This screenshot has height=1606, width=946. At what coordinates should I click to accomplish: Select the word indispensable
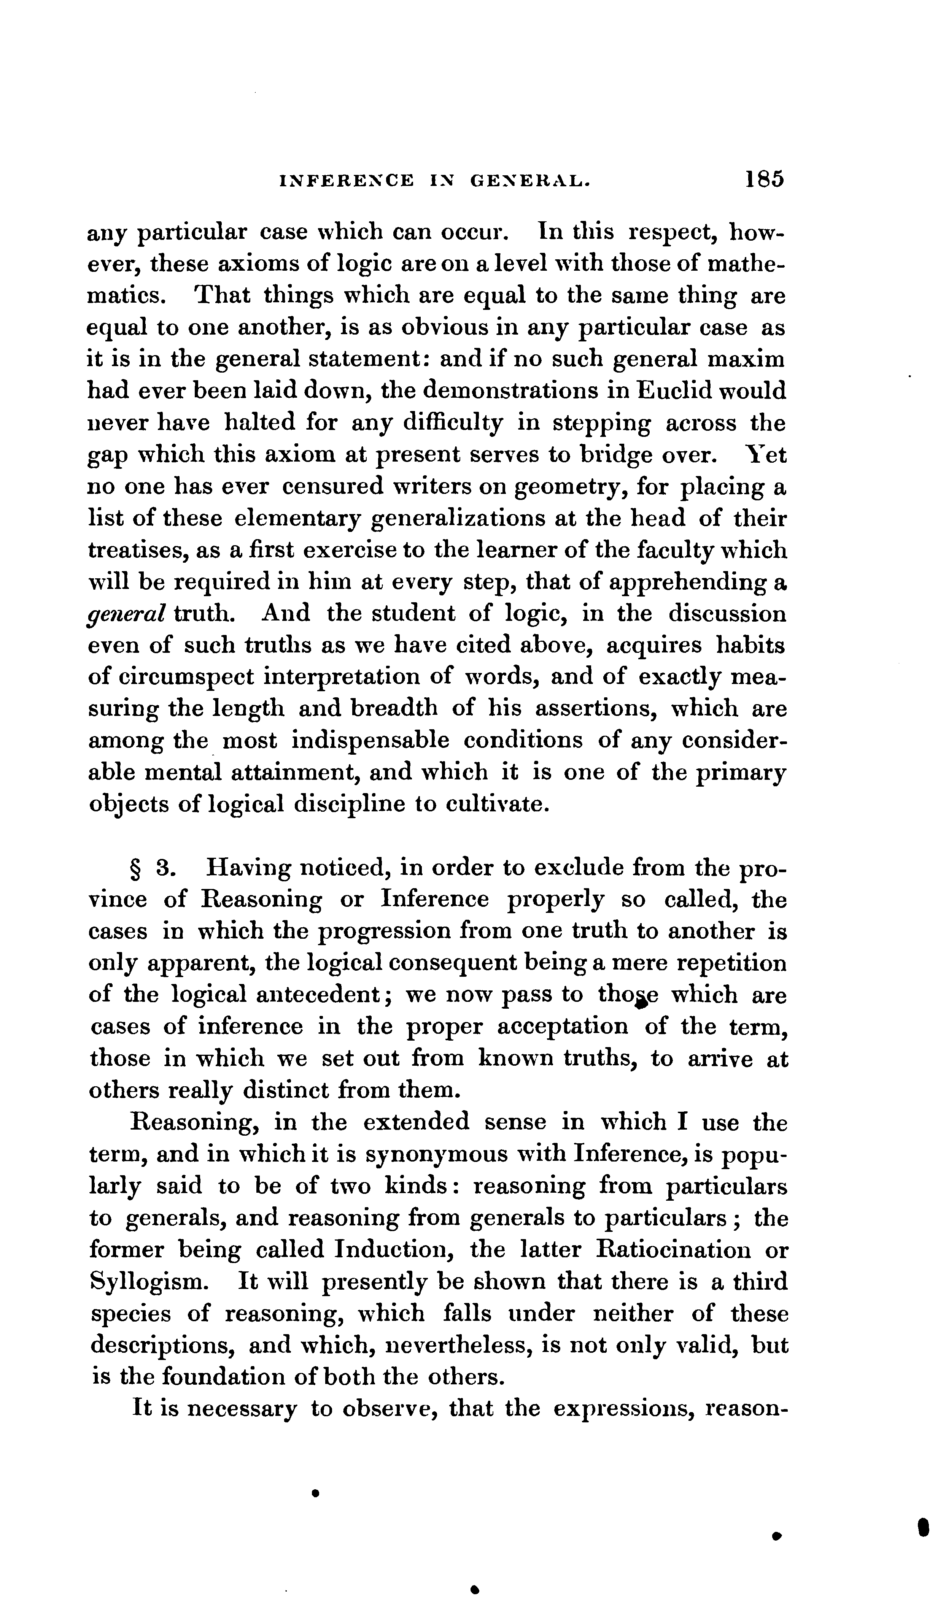[x=370, y=741]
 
